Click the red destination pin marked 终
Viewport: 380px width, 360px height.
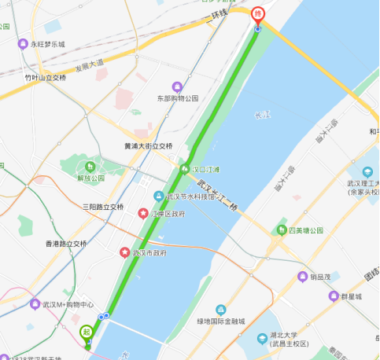click(x=257, y=15)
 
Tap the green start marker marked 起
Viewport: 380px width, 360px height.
click(x=86, y=332)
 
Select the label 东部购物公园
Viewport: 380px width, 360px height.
click(x=177, y=98)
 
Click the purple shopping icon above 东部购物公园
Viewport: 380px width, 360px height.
click(x=177, y=86)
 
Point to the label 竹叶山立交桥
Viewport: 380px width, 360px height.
click(x=46, y=77)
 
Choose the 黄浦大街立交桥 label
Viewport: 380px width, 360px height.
click(x=148, y=146)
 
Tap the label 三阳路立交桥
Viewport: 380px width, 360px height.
click(x=103, y=207)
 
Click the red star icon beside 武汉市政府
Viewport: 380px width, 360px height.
click(x=124, y=252)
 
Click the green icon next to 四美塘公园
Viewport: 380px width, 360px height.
click(x=281, y=230)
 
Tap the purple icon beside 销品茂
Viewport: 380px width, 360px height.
click(x=302, y=277)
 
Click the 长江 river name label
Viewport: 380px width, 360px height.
click(x=261, y=116)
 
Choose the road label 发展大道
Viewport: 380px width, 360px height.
click(x=88, y=64)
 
